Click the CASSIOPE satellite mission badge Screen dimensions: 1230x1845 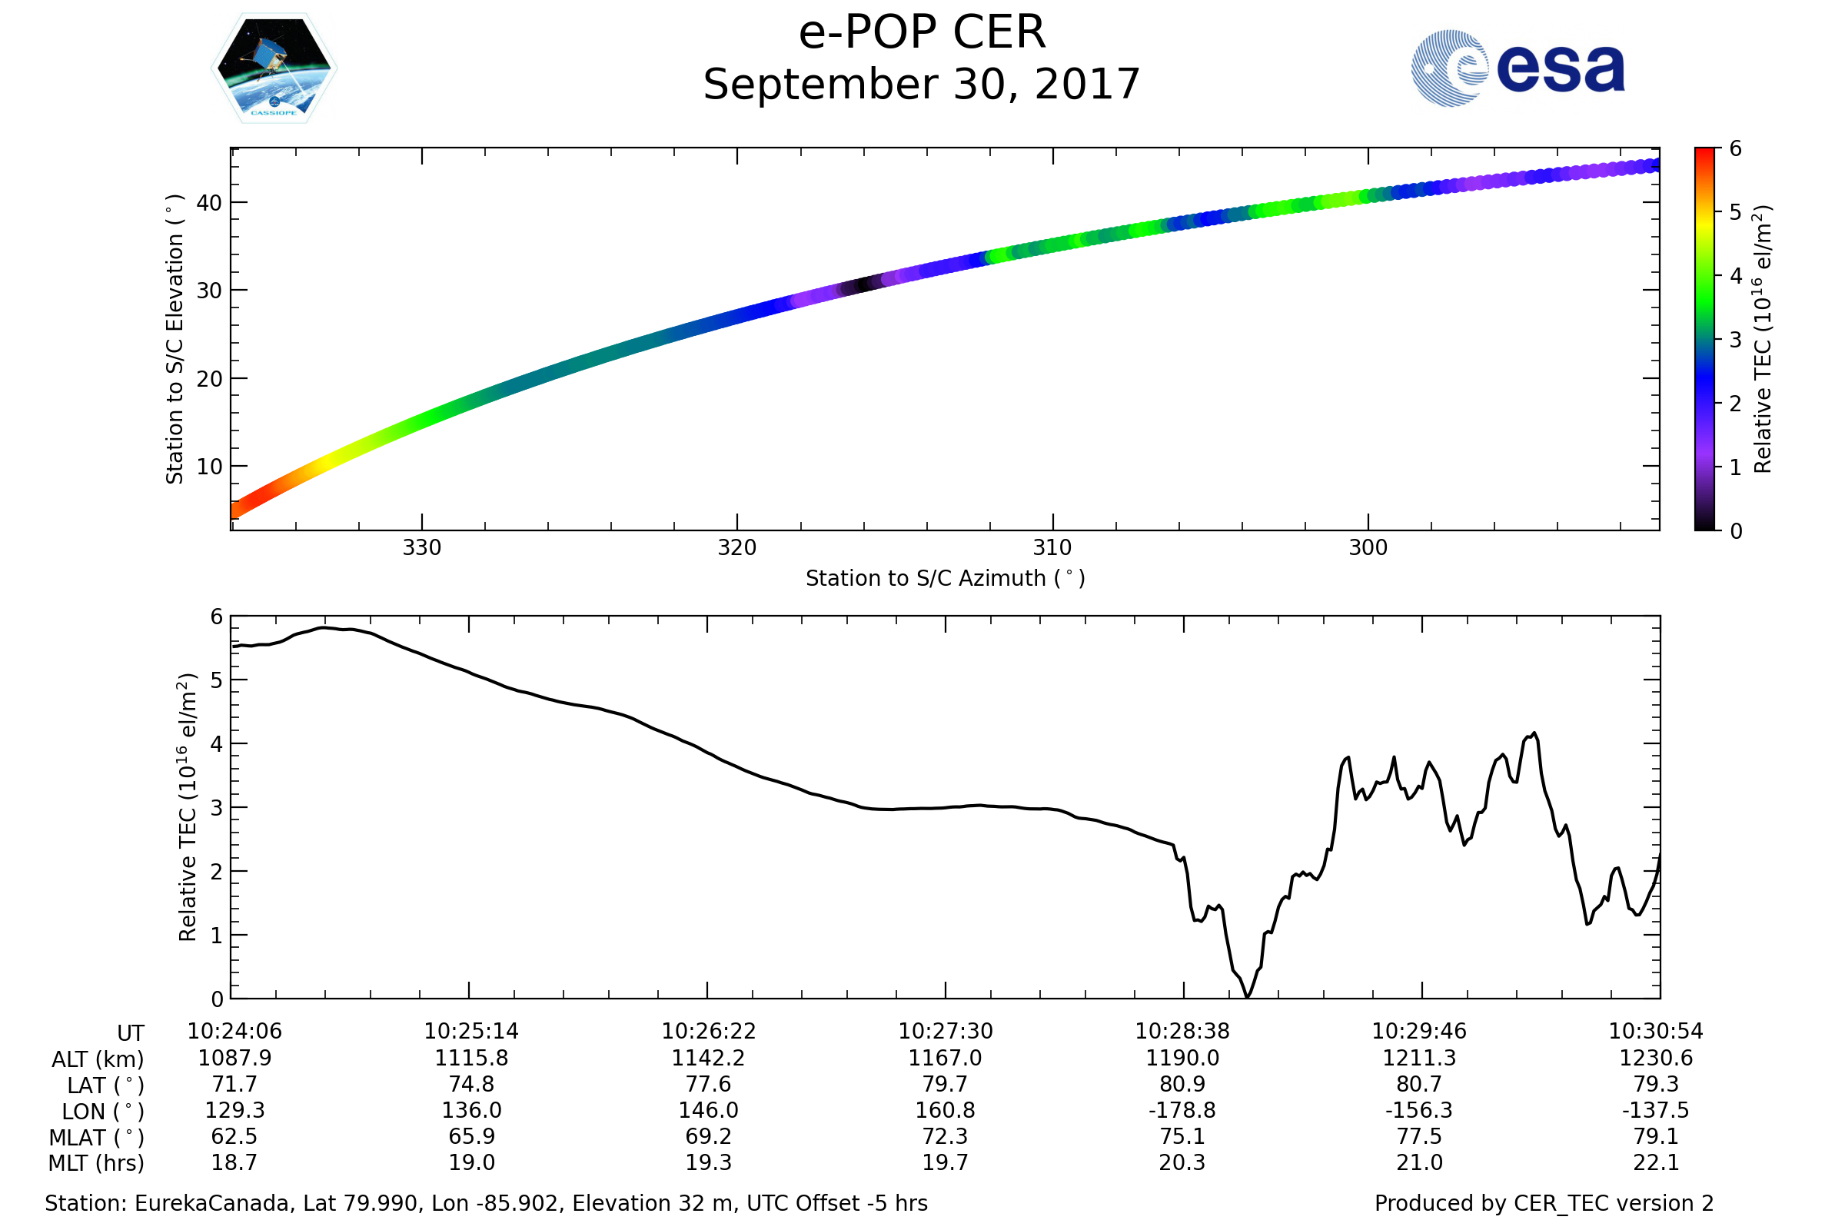click(x=274, y=68)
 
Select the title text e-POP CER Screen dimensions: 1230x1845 click(x=922, y=33)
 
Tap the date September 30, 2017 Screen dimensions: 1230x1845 click(x=922, y=85)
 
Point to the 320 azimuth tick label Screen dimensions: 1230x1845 click(x=736, y=547)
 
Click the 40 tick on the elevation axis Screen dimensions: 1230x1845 click(x=209, y=203)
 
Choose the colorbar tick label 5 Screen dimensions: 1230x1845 click(x=1736, y=213)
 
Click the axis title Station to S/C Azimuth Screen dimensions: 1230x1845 click(x=946, y=579)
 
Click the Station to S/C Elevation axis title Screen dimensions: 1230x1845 click(x=175, y=339)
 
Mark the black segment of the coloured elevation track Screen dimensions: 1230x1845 click(x=863, y=284)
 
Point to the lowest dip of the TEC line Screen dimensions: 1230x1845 click(x=1248, y=996)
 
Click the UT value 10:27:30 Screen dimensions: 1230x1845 click(x=946, y=1032)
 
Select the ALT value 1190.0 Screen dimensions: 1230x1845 click(x=1182, y=1059)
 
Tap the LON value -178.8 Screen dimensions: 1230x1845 click(x=1182, y=1111)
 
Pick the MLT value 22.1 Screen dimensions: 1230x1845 click(x=1656, y=1162)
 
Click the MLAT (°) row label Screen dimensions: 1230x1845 click(x=97, y=1138)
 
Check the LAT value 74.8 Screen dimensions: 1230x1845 click(x=471, y=1084)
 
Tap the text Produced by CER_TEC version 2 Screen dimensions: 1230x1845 click(x=1544, y=1203)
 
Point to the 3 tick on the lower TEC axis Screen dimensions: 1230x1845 click(x=217, y=808)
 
